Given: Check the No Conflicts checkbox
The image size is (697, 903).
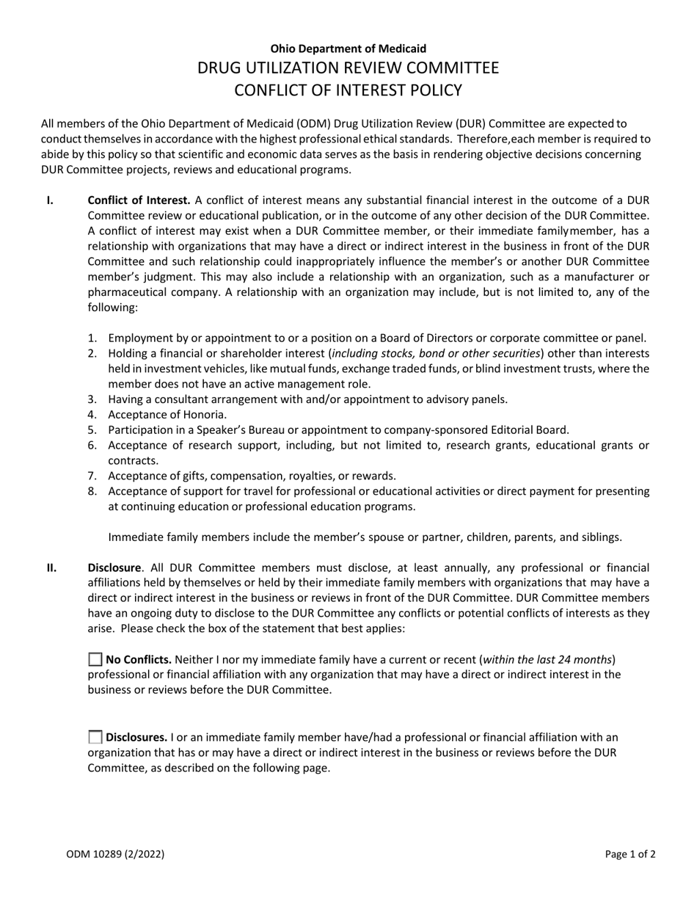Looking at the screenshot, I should (x=95, y=659).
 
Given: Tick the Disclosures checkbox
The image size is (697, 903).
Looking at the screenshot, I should (x=95, y=737).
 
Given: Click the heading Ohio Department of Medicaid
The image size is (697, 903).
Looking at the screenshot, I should (x=348, y=48).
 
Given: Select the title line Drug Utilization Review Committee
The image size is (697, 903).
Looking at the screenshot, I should (x=348, y=68).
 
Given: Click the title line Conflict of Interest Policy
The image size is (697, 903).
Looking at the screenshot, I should (x=348, y=90).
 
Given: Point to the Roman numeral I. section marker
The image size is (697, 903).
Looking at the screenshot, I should (x=50, y=200).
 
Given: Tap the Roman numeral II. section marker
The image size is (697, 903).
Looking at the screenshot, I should (x=51, y=567).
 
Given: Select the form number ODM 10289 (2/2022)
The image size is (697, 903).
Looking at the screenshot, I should (x=115, y=854).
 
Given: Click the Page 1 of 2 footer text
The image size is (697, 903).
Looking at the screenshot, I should (x=630, y=854).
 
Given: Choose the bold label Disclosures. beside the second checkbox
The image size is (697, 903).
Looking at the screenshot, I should (x=137, y=737).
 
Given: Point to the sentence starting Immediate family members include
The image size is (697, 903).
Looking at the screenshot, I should (x=365, y=537).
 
